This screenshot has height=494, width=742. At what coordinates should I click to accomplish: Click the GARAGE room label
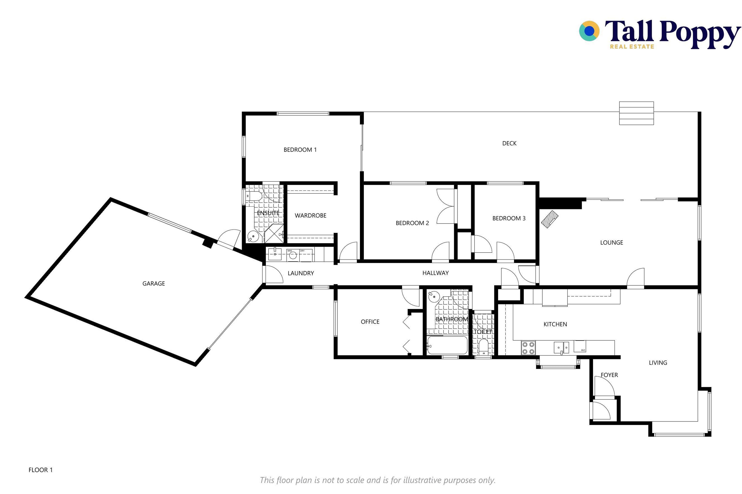[154, 283]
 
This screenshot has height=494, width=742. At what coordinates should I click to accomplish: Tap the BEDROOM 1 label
[300, 150]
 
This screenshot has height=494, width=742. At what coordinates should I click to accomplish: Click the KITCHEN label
[555, 324]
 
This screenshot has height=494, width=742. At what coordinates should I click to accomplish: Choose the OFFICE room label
[370, 322]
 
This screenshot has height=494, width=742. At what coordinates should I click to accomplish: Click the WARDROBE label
[311, 216]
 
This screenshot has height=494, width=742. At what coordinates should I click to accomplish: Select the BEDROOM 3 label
[509, 218]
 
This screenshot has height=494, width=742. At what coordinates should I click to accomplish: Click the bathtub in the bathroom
[447, 345]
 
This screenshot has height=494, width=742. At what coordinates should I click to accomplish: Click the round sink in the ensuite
[253, 236]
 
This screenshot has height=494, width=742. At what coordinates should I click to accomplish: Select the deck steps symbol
[636, 113]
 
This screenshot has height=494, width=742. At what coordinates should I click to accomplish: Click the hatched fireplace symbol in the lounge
[550, 219]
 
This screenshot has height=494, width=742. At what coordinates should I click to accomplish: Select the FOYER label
[609, 375]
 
